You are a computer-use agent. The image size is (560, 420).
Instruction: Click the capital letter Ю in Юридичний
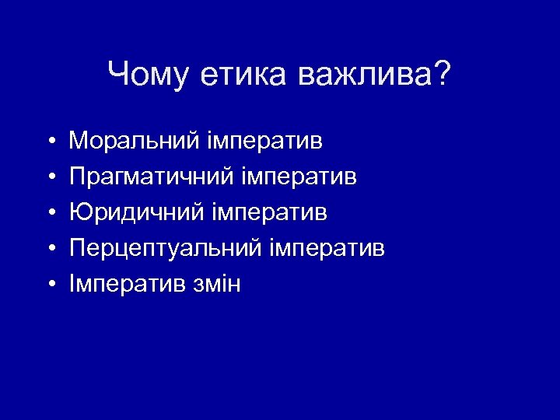(x=79, y=212)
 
